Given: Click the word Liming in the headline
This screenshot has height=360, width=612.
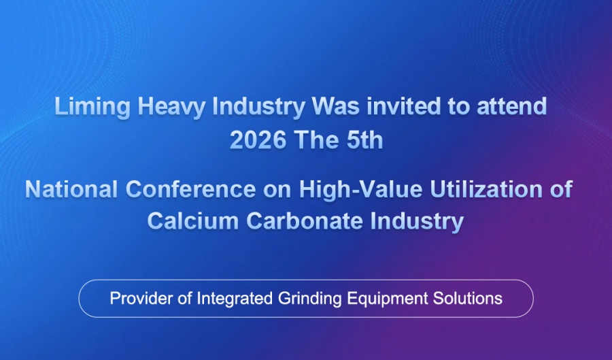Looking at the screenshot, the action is tap(92, 107).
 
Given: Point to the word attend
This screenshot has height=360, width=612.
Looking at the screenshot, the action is tap(511, 106).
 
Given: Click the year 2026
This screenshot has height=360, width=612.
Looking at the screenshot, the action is tap(258, 140).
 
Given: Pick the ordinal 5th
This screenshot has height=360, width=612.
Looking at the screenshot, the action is tap(364, 140).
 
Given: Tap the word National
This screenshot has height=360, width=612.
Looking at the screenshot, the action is tap(71, 189).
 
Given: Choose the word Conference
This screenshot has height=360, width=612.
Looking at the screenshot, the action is tap(190, 189).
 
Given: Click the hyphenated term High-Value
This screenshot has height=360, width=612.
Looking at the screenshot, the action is tap(360, 189).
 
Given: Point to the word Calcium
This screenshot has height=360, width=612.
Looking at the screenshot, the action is tap(193, 221).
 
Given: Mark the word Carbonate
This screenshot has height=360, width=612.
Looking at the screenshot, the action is tap(305, 221).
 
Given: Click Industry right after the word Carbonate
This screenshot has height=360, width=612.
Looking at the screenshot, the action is tap(417, 222).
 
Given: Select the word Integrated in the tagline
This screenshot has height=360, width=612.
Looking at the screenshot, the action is tap(235, 299).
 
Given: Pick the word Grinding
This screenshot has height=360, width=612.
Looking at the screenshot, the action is tap(309, 299).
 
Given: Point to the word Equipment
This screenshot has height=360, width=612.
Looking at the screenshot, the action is tap(387, 299).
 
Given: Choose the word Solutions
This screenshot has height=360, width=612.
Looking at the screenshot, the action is tap(468, 298).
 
